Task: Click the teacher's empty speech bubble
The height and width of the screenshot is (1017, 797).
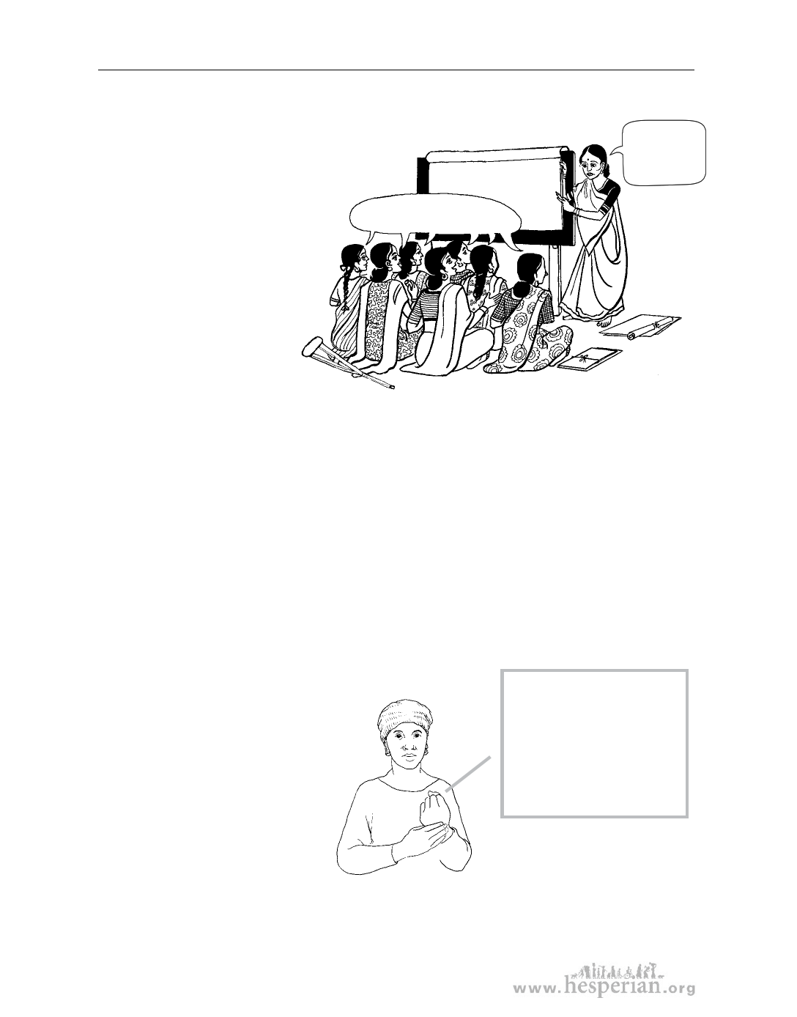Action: click(664, 152)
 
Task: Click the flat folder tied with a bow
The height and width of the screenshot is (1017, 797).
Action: click(590, 359)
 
